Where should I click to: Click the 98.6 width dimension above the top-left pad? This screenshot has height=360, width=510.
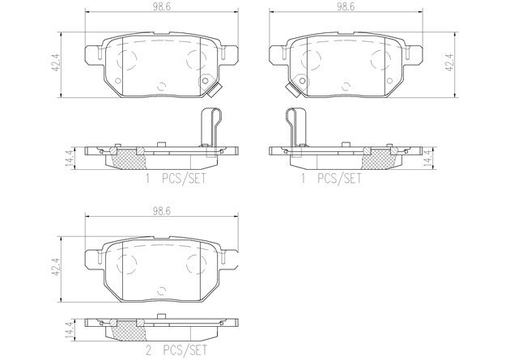(162, 7)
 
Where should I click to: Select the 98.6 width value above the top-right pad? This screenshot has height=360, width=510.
(346, 7)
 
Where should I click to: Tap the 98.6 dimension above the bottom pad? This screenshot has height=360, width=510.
(162, 211)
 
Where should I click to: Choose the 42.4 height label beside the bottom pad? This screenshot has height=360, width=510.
(57, 268)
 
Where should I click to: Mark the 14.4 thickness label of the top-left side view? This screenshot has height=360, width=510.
(70, 159)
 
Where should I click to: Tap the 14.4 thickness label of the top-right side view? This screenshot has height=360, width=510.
(428, 159)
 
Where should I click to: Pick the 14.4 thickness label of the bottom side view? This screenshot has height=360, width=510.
(70, 331)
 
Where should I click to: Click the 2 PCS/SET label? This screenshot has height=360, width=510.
(176, 350)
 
